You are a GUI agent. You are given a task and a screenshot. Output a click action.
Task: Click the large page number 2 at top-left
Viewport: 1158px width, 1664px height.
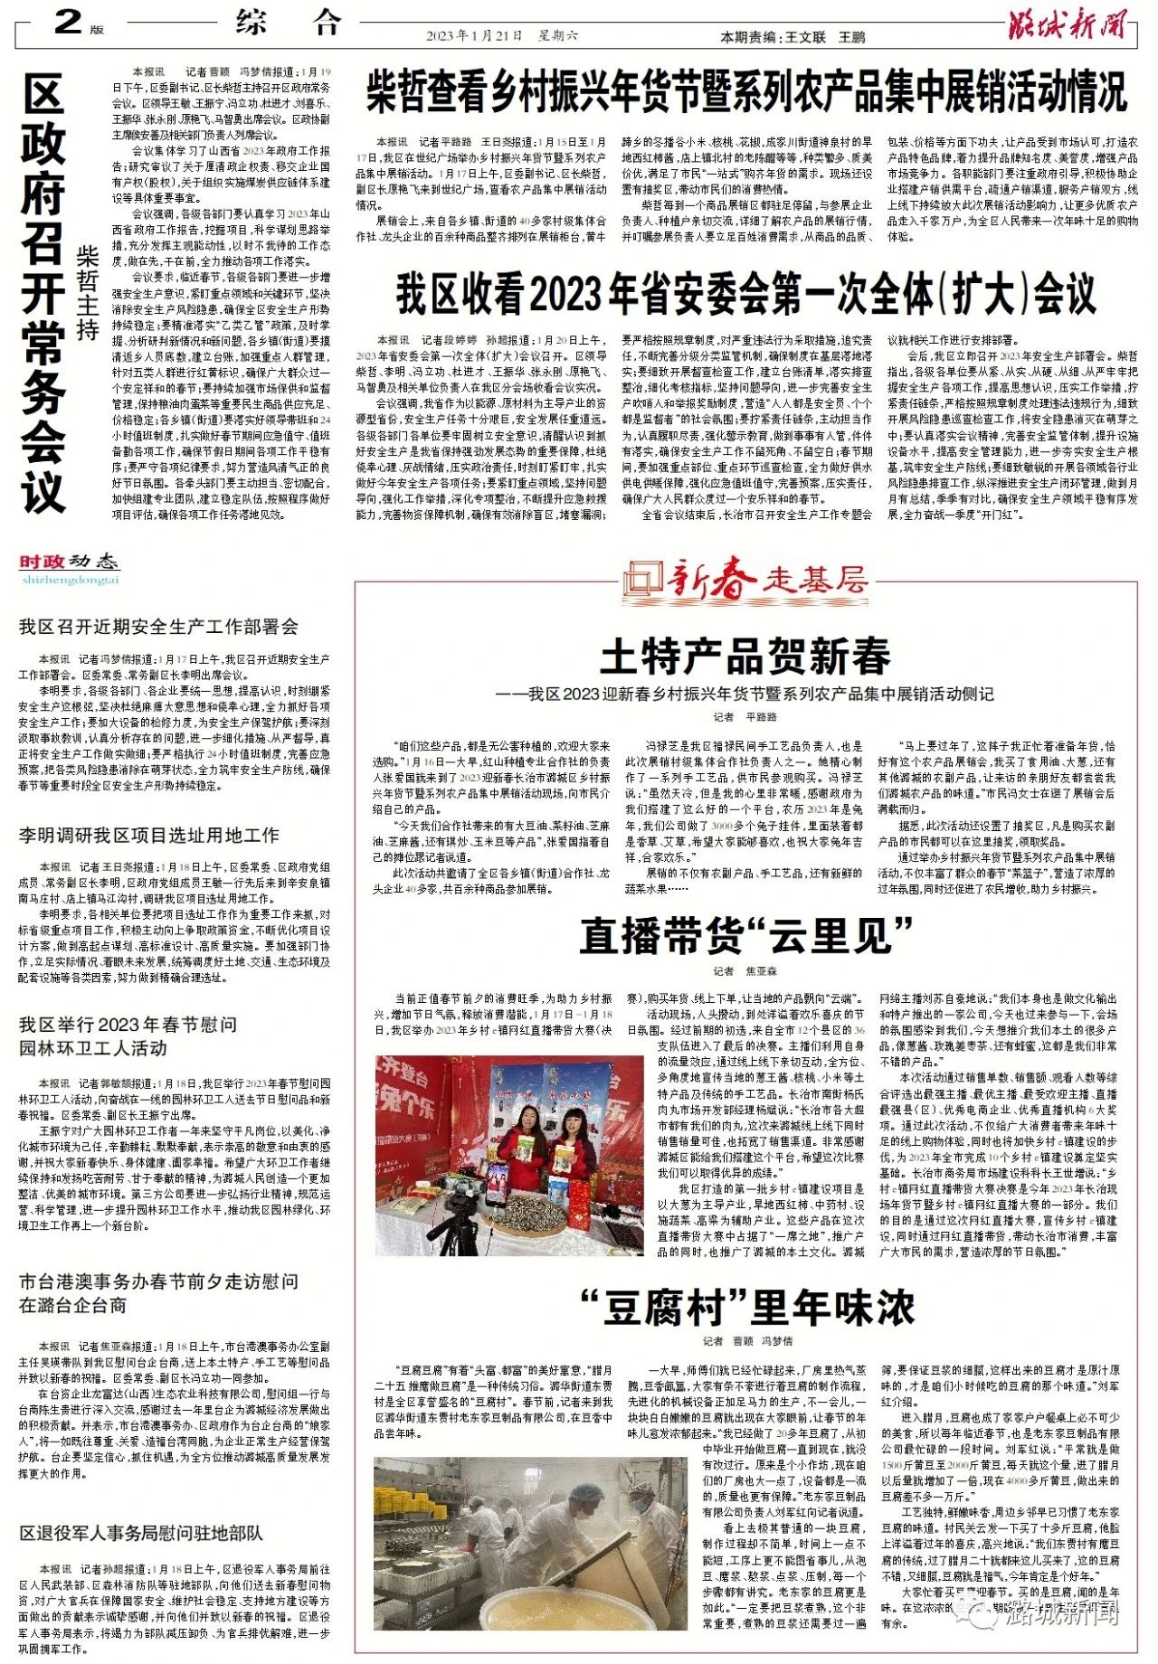[68, 20]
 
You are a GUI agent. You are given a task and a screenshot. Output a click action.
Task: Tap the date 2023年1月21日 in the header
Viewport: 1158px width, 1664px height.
[474, 36]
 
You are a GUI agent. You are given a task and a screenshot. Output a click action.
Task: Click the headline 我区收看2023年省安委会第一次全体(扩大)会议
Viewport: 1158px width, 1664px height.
[746, 293]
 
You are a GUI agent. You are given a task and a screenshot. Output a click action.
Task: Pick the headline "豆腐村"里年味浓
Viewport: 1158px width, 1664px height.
[746, 1307]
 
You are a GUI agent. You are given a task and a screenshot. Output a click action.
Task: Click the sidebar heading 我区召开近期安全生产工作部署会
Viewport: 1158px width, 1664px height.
[158, 627]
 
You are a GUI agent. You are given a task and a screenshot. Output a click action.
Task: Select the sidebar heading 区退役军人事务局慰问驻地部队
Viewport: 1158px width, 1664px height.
[141, 1533]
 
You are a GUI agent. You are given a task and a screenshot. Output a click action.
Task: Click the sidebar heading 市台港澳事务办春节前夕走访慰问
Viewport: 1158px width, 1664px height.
[158, 1281]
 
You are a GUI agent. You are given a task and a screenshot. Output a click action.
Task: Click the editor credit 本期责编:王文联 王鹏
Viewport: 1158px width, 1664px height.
[792, 37]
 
